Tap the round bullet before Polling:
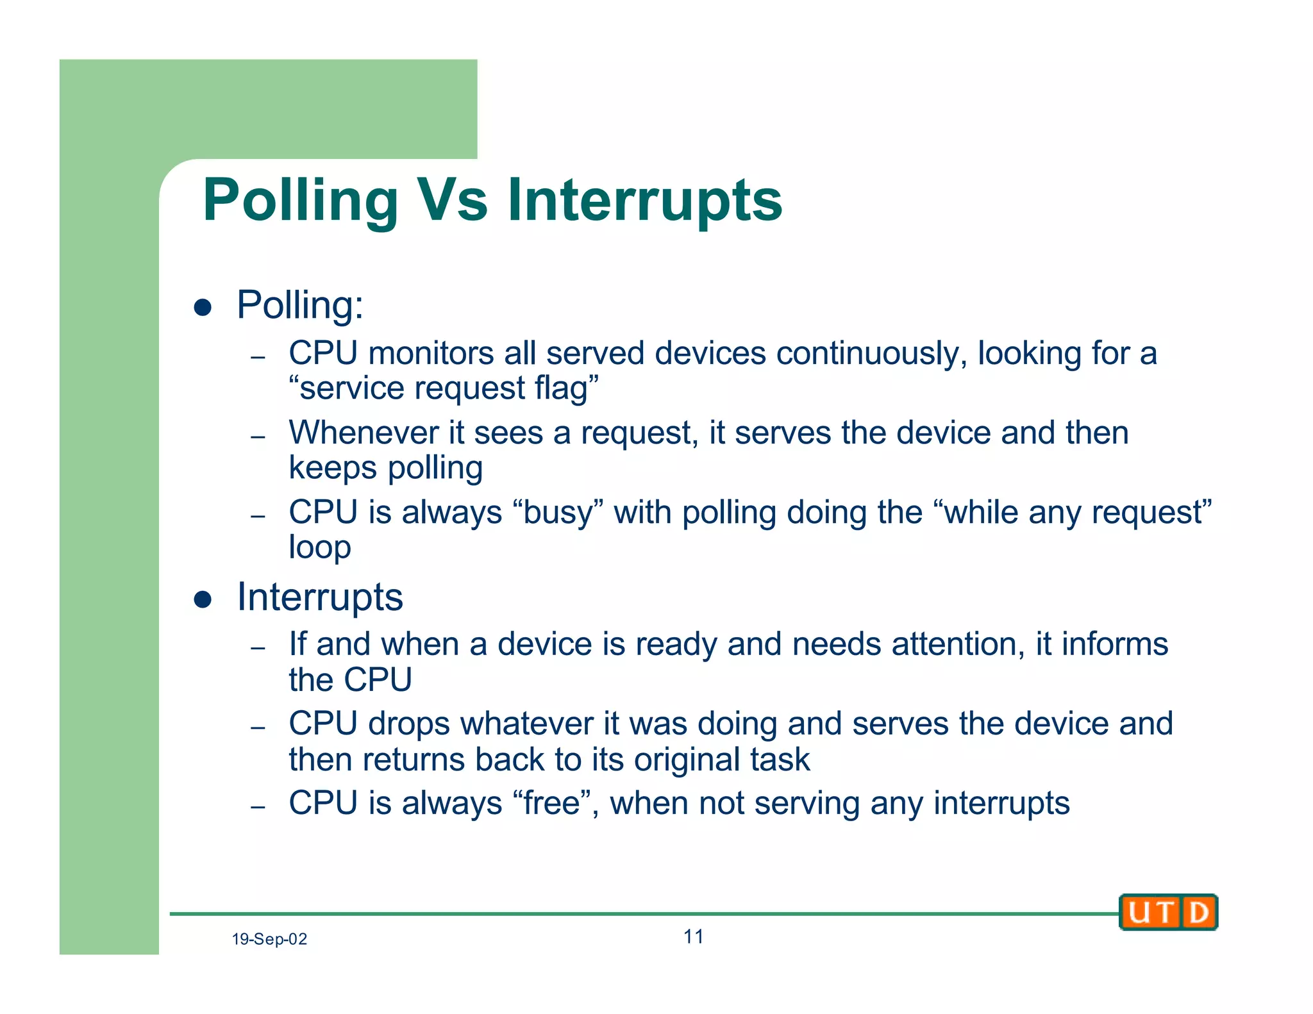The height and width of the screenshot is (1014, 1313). pos(203,308)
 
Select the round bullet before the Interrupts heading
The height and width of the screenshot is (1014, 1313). pos(203,600)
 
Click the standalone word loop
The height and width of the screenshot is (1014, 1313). pos(319,548)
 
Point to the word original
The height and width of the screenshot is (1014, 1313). pos(687,760)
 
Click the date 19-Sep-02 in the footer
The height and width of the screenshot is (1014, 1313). pos(269,940)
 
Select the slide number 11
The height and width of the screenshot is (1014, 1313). pos(693,937)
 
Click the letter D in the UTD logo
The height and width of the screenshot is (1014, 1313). pos(1198,913)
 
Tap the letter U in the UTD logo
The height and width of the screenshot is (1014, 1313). pos(1139,913)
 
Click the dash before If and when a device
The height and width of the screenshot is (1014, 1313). pos(258,648)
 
